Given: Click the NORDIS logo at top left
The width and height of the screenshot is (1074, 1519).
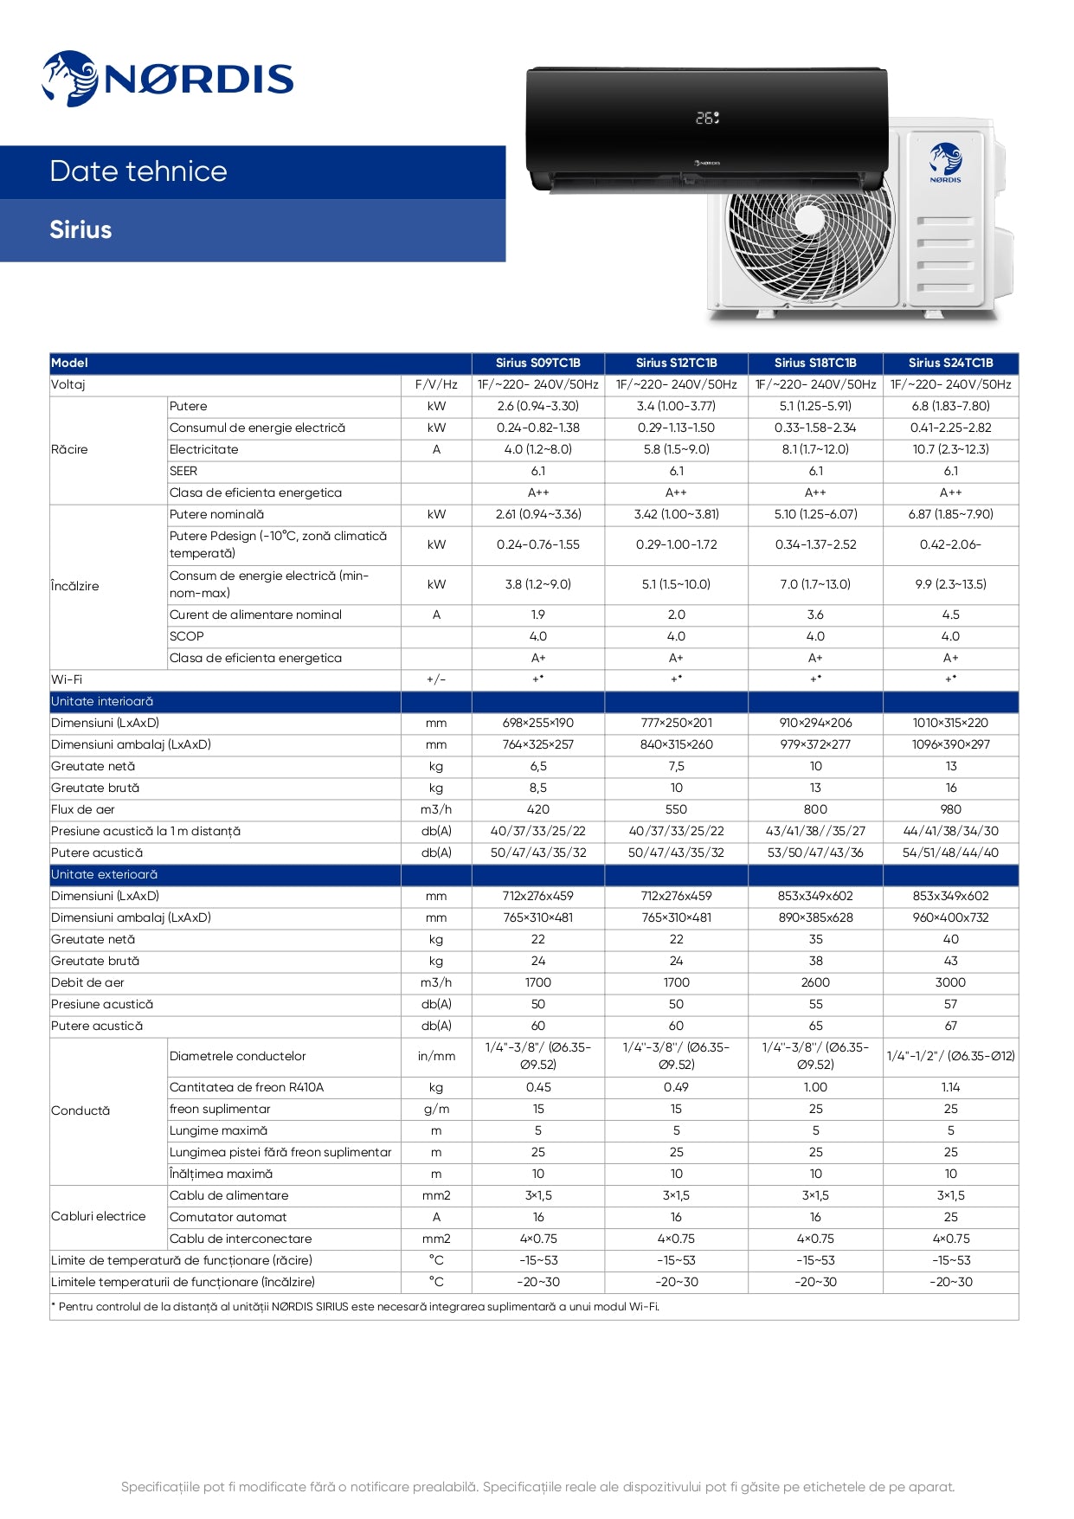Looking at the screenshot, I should tap(168, 79).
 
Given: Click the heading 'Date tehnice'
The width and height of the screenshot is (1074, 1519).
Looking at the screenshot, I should tap(138, 171).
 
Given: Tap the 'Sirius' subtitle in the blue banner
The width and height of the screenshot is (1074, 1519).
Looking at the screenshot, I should tap(80, 230).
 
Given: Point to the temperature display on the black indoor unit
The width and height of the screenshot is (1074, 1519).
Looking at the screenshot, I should tap(707, 118).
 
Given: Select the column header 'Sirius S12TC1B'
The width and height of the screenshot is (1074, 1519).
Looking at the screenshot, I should tap(676, 364).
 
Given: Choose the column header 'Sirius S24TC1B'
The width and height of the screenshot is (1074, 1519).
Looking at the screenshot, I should tap(950, 364).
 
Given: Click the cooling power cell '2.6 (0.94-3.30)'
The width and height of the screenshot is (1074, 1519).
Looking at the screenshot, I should tap(537, 406).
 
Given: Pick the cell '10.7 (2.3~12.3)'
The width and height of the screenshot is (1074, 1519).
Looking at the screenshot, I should tap(950, 449).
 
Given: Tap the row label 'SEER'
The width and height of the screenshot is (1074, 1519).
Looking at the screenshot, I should tap(183, 471).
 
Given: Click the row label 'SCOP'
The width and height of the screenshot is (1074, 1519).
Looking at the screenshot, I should tap(187, 636).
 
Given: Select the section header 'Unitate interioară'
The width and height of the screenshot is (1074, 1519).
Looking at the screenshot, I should tap(102, 701).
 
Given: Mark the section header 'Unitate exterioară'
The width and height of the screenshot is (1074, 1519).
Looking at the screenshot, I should tap(104, 874).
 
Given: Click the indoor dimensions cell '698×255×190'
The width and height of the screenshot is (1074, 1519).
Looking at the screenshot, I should tap(537, 723).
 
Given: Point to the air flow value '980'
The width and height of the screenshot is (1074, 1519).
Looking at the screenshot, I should tap(950, 809).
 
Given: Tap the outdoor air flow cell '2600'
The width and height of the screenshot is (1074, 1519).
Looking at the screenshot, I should tap(814, 982).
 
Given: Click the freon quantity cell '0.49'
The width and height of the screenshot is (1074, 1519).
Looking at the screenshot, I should tap(676, 1087).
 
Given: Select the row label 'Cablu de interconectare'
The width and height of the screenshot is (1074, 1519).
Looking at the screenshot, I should tap(241, 1239).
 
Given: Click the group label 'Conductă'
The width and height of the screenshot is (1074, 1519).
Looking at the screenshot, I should tap(80, 1110).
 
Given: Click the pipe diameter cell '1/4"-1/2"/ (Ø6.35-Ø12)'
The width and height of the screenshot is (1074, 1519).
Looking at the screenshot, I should tap(950, 1056).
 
